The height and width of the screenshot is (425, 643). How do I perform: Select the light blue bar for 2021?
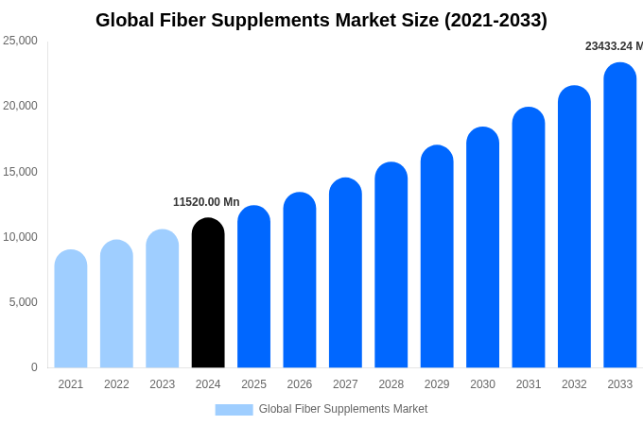[x=71, y=309]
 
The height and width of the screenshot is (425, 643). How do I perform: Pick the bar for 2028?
[x=391, y=265]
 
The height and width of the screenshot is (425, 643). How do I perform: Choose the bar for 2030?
[x=482, y=247]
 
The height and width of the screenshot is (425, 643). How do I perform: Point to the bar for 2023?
[x=163, y=298]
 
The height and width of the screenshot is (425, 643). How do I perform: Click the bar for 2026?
[x=300, y=280]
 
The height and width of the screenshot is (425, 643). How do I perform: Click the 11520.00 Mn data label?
[x=206, y=202]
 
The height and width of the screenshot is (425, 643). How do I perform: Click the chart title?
[x=321, y=20]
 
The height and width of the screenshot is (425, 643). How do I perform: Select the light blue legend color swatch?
[x=234, y=410]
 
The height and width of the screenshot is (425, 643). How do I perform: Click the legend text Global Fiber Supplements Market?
[x=343, y=409]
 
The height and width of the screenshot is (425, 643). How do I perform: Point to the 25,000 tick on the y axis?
[x=20, y=41]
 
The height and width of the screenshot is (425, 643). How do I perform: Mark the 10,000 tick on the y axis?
[x=20, y=237]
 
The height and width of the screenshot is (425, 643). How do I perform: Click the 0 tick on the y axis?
[x=34, y=367]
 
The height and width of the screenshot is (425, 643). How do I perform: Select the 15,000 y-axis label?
[x=20, y=172]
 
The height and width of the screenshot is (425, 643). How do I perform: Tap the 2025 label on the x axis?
[x=253, y=384]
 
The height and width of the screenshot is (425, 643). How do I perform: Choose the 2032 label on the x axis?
[x=574, y=384]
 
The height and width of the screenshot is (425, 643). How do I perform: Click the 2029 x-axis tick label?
[x=437, y=384]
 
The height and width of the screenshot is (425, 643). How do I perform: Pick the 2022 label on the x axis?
[x=116, y=384]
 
